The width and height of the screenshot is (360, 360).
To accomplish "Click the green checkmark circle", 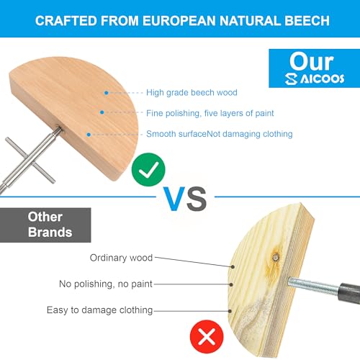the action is pos(148,169).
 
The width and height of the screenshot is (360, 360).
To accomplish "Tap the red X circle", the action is pos(207,336).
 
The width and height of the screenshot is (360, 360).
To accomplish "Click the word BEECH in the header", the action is pos(307,21).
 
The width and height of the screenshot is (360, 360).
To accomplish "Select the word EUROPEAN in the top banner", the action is pos(179,21).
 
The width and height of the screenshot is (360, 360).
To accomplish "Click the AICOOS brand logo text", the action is pos(315,78).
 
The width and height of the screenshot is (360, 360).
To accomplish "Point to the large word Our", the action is pos(312,61).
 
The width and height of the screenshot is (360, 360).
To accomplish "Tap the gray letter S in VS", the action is pos(197,199).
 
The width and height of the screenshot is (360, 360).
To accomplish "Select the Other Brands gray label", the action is pos(45,225).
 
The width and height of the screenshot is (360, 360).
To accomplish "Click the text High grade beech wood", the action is pos(192,92).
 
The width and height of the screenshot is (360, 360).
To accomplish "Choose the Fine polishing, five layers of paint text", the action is pos(210,113).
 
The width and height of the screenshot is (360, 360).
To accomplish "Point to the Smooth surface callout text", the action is pos(220,134).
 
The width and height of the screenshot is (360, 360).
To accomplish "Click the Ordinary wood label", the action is pos(121,258).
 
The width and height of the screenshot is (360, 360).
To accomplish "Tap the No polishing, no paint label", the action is pos(106,284).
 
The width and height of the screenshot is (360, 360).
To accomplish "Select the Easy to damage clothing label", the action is pos(99,310).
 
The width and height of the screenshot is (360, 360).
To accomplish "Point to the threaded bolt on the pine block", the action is pos(314,285).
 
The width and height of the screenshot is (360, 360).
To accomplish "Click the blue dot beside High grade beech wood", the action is pos(106,93).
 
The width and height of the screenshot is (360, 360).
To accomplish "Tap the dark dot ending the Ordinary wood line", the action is pos(233,266).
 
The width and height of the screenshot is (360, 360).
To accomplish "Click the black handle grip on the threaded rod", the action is pos(349,292).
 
